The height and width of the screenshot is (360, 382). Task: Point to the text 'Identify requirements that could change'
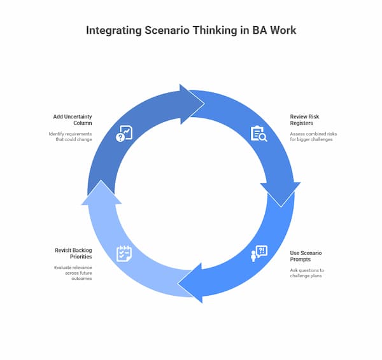coord(71,136)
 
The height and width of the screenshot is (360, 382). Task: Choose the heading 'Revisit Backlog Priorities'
coord(76,253)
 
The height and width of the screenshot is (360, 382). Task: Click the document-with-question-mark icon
coord(124,134)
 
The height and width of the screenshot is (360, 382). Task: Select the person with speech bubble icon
coord(258,253)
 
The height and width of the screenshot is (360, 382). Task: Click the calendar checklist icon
coord(124,253)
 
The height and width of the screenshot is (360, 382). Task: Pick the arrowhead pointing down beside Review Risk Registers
coord(279,190)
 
